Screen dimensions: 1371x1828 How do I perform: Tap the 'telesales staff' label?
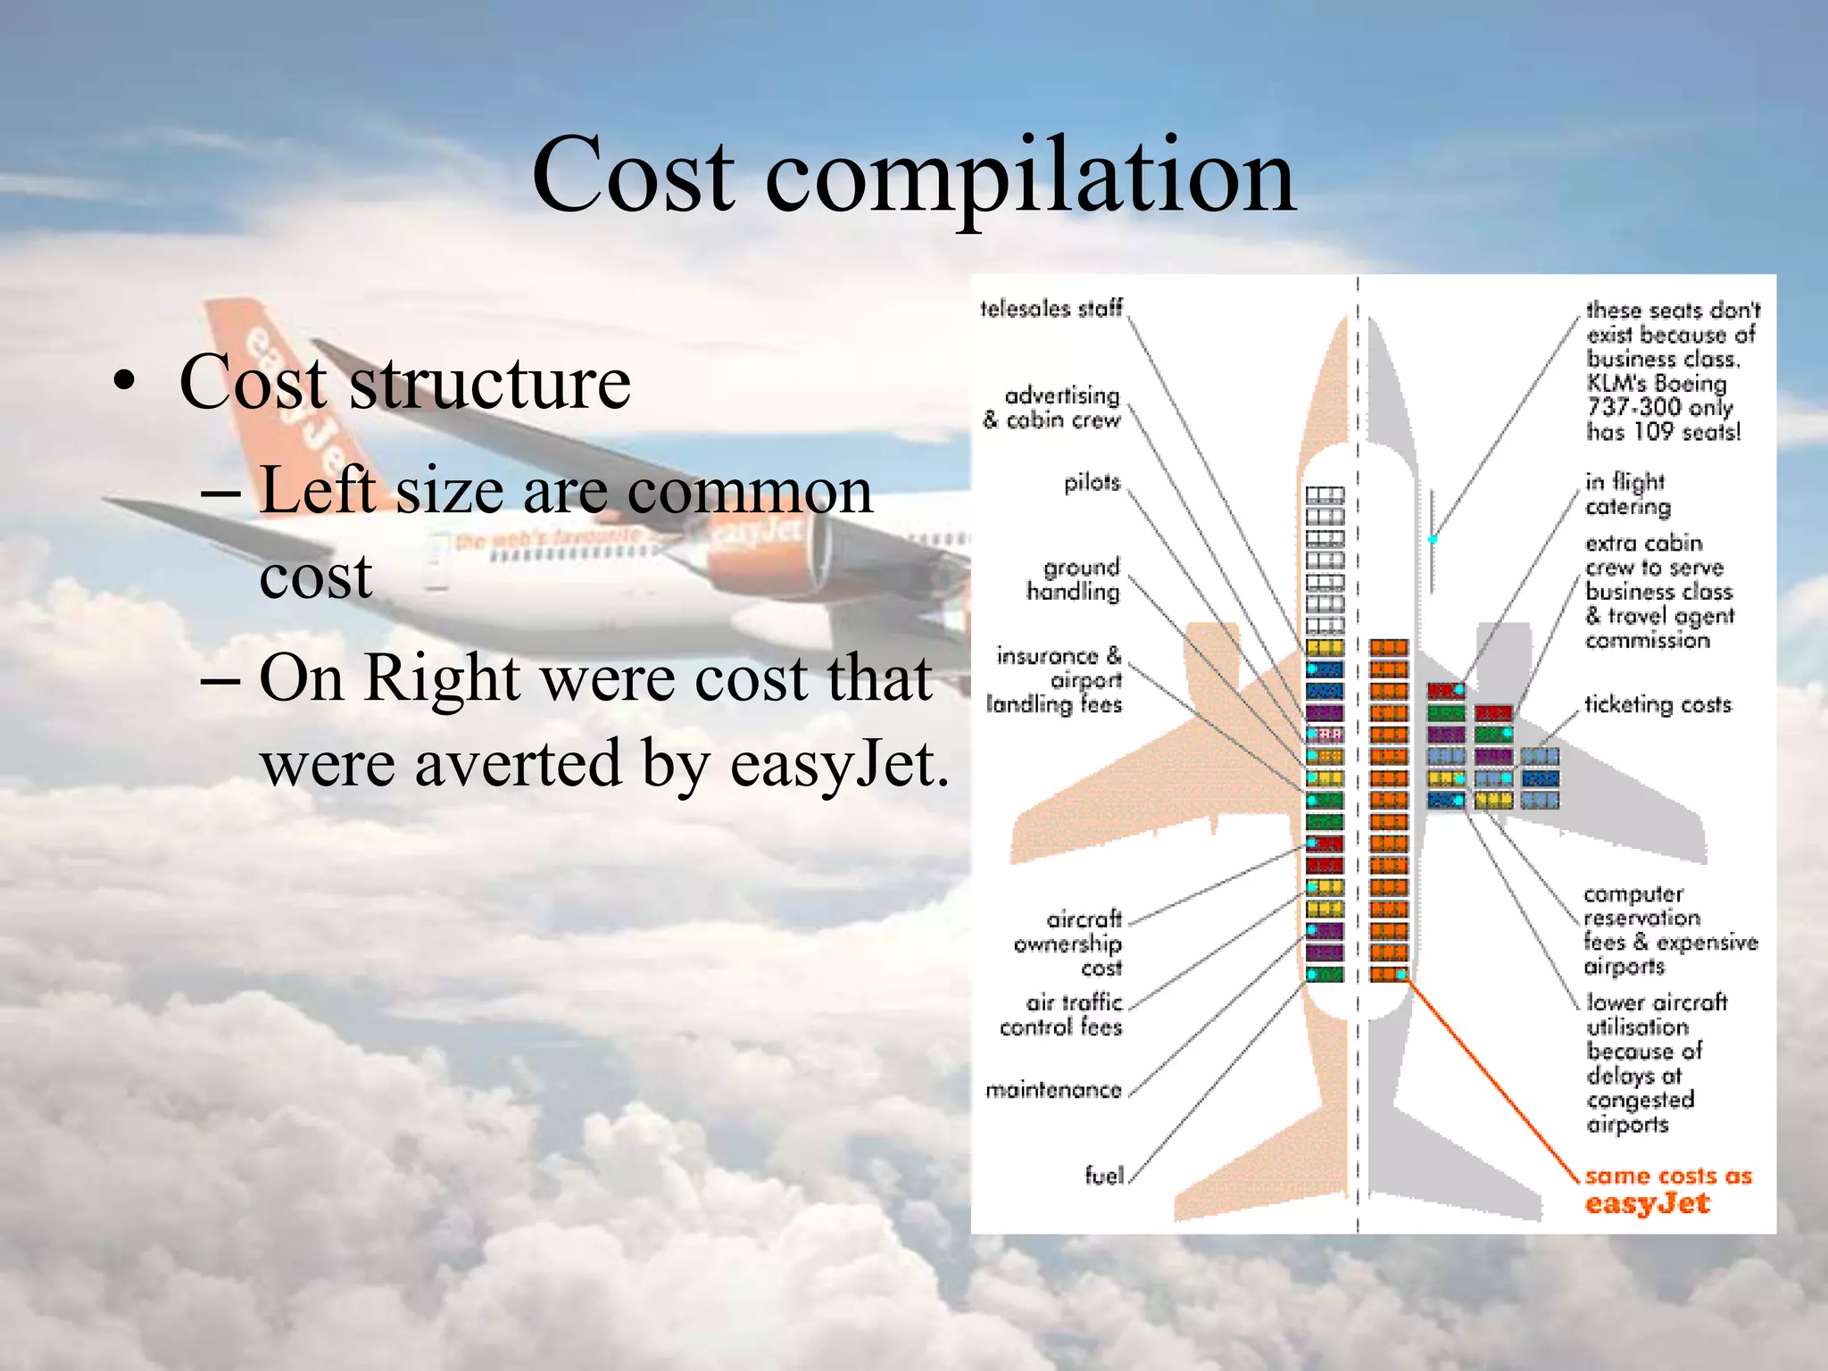point(1051,309)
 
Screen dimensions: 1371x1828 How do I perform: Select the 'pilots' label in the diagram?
point(1092,483)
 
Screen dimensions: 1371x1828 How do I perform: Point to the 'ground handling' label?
point(1074,579)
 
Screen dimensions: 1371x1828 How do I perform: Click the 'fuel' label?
point(1104,1176)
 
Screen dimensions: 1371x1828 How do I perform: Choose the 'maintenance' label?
point(1053,1090)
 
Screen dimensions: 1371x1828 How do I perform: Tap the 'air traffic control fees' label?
point(1062,1015)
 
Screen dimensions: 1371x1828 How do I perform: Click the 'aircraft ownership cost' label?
point(1068,943)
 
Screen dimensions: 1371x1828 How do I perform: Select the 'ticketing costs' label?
point(1658,705)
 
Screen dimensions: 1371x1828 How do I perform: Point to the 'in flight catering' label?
point(1626,494)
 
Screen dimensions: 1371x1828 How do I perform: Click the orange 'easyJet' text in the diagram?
point(1647,1204)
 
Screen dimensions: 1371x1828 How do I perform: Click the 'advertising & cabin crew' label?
point(1053,408)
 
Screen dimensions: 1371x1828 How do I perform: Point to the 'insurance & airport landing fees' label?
point(1056,680)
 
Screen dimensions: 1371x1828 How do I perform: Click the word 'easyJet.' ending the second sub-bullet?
point(839,764)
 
